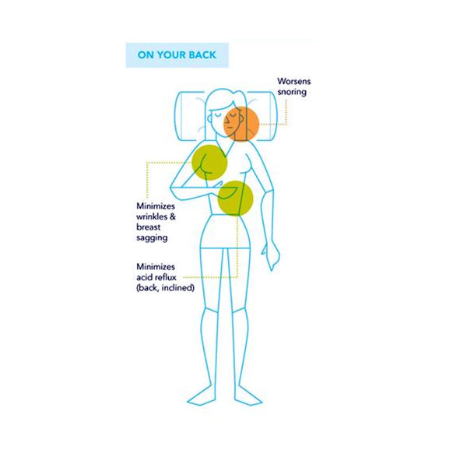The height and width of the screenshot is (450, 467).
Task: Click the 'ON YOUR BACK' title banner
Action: tap(177, 55)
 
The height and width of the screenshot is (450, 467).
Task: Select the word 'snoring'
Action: tap(293, 92)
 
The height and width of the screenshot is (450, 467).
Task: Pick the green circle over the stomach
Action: tap(237, 198)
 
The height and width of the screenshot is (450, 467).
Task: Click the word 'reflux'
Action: tap(167, 277)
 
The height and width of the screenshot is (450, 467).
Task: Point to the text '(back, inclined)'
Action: tap(165, 288)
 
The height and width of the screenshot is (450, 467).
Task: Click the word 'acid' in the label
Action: tap(146, 277)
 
